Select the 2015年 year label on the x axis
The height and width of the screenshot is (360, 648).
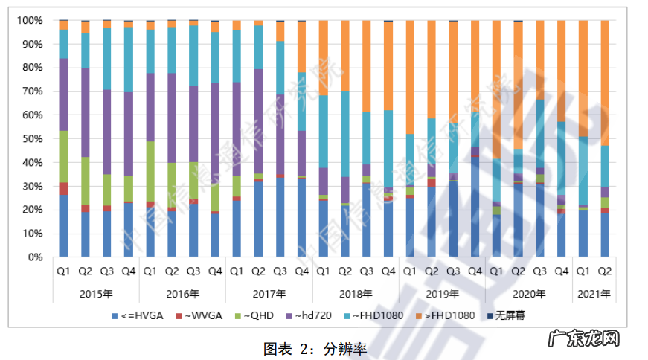(96, 294)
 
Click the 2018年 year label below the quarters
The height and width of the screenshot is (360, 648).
(356, 294)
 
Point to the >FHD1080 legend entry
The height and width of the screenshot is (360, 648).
(446, 315)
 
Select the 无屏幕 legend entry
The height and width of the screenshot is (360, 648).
(508, 315)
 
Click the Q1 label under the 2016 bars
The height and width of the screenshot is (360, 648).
(150, 271)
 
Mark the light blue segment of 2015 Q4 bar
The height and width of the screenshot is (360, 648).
(128, 60)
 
